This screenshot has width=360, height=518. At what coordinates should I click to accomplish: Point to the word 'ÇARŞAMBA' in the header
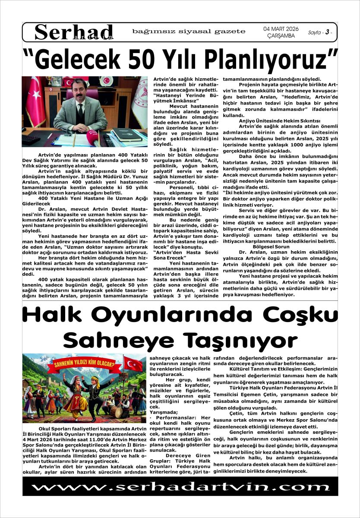pyautogui.click(x=281, y=36)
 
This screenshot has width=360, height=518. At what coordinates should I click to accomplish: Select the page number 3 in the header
pyautogui.click(x=328, y=32)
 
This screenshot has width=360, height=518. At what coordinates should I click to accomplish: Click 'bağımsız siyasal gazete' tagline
pyautogui.click(x=189, y=31)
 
